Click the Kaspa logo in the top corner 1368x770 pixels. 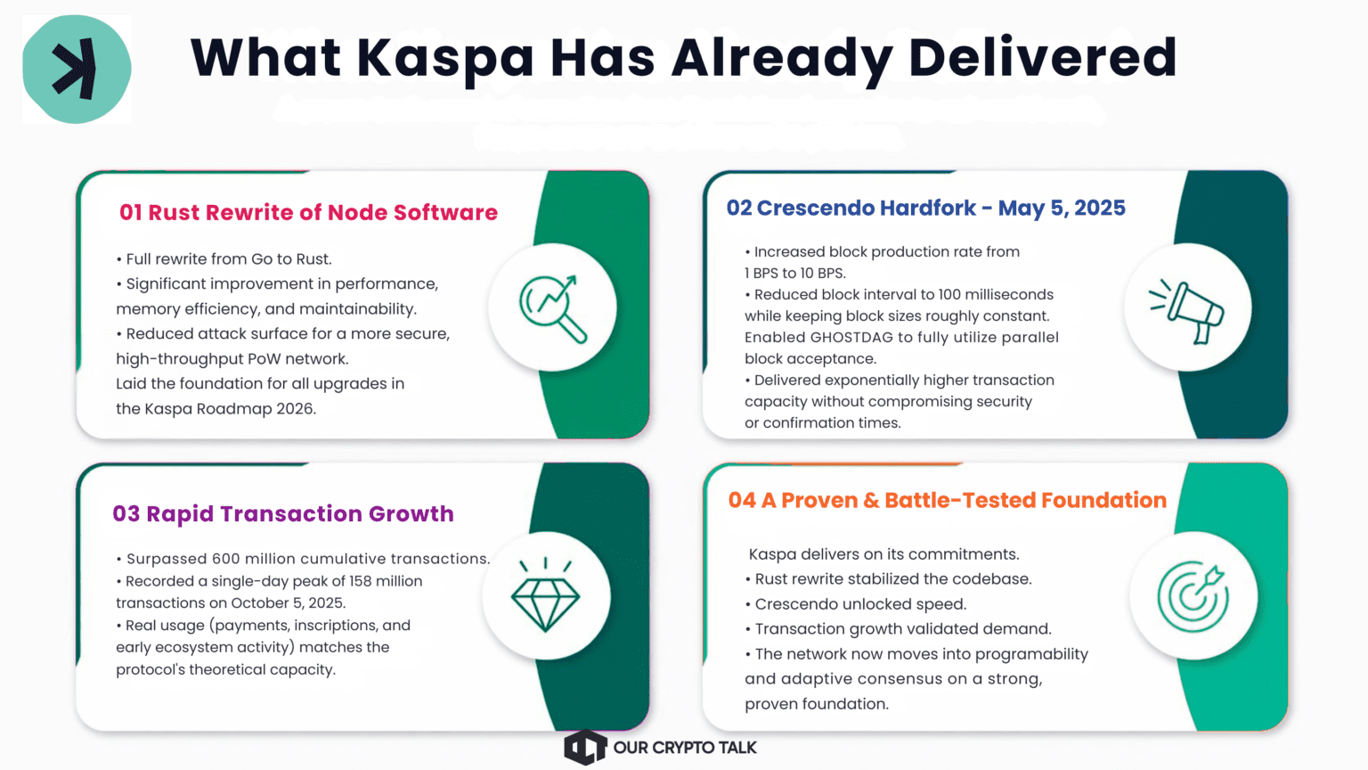pos(77,69)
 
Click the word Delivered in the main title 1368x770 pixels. pos(1043,57)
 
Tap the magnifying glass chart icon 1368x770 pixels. pos(553,308)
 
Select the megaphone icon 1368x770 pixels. pos(1186,311)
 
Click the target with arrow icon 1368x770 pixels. pos(1193,596)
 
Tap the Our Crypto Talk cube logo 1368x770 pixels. pos(585,747)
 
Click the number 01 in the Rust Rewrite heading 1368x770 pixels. pos(131,213)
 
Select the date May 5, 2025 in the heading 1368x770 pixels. pos(1062,209)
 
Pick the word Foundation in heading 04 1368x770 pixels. pos(1103,500)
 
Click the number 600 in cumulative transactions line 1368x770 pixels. pos(227,559)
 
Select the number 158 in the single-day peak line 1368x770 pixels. pos(361,580)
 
